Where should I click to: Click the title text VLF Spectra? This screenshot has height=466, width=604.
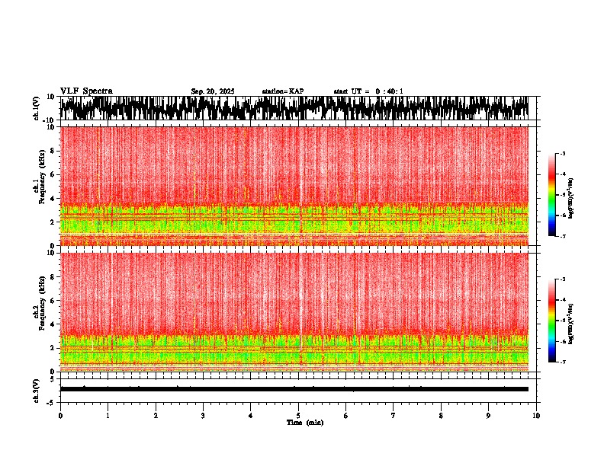tap(86, 91)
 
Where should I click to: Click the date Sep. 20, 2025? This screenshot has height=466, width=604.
tap(213, 91)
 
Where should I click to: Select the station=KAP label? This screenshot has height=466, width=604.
tap(282, 91)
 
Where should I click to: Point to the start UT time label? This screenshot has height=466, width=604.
tap(368, 91)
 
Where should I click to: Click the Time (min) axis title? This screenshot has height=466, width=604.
tap(304, 423)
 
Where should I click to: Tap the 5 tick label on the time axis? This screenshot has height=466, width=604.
tap(298, 416)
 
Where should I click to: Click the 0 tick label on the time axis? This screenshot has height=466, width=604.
tap(60, 416)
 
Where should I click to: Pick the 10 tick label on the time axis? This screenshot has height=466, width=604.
tap(536, 416)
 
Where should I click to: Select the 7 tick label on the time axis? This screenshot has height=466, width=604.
tap(394, 416)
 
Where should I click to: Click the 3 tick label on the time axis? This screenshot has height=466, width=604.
tap(203, 416)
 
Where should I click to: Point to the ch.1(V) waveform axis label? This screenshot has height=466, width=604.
tap(37, 108)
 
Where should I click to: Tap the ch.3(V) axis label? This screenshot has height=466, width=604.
tap(37, 388)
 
